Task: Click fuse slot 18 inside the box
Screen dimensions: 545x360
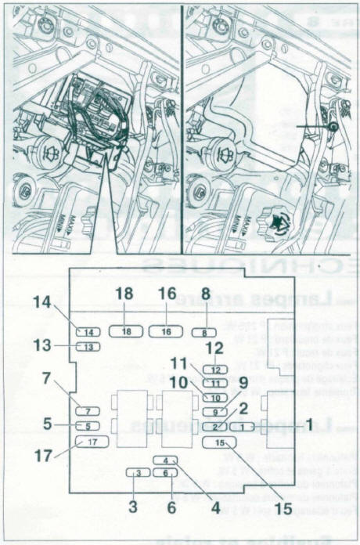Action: coord(127,331)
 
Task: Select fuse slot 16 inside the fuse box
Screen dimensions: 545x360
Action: coord(165,331)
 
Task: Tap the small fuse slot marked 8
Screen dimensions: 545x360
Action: coord(203,332)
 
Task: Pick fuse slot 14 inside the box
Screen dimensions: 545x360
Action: coord(88,332)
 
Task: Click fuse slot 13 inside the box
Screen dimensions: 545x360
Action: coord(88,347)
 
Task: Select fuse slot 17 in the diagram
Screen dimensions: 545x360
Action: coord(91,442)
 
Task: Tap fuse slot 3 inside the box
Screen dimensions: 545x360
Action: coord(138,472)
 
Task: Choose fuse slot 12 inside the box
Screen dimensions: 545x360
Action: coord(217,370)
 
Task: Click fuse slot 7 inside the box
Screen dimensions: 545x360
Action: coord(88,411)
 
